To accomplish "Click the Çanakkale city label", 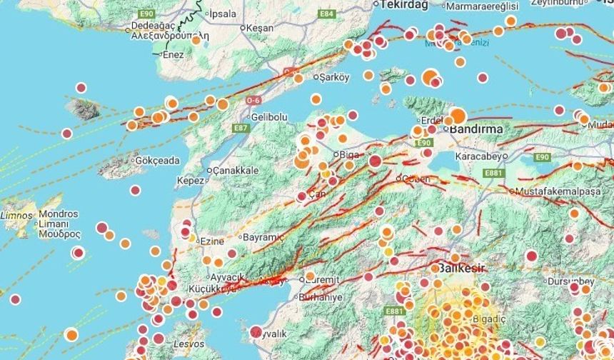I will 235,171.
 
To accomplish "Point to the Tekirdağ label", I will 403,5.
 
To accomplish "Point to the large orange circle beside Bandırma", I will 458,116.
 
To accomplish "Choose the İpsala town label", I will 219,14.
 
